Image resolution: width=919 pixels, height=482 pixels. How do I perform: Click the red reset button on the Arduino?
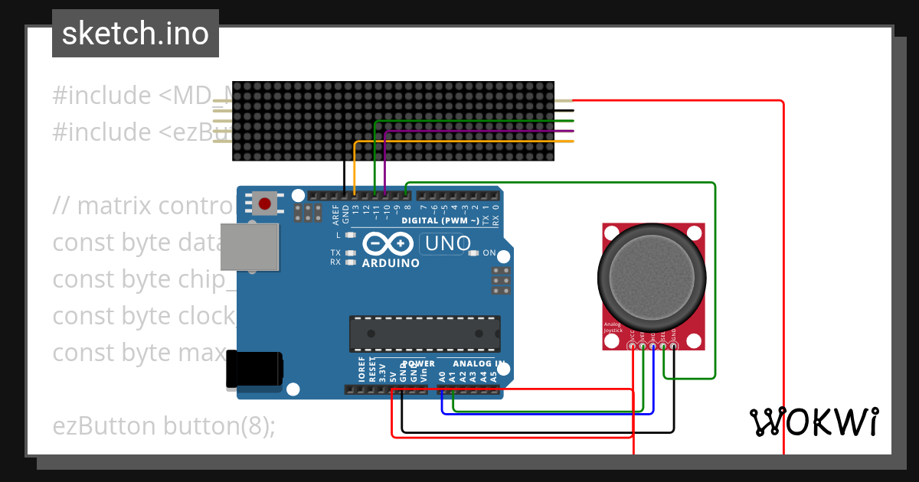tap(264, 204)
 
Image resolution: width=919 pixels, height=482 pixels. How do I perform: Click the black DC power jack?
tap(254, 371)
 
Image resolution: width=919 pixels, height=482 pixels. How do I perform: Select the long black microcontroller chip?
tap(425, 334)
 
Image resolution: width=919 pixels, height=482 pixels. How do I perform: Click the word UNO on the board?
tap(447, 244)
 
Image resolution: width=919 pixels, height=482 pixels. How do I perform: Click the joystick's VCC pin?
tap(633, 346)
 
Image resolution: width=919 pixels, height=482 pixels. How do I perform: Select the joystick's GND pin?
tap(673, 346)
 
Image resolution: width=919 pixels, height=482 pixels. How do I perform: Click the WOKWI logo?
tap(814, 422)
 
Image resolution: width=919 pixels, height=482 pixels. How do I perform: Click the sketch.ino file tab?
tap(136, 34)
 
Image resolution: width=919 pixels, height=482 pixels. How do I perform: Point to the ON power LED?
tap(473, 253)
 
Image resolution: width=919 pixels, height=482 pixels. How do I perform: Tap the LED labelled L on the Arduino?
tap(351, 236)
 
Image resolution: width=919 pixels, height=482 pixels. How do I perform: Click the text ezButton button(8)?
tap(164, 425)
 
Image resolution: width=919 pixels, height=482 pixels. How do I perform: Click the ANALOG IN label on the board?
tap(479, 363)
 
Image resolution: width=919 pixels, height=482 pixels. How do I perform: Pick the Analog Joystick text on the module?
tap(613, 327)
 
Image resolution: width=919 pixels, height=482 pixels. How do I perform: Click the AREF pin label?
tap(335, 213)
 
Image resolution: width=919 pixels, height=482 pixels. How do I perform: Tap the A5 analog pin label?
tap(493, 376)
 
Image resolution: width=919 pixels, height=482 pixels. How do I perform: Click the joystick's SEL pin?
tap(663, 346)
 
